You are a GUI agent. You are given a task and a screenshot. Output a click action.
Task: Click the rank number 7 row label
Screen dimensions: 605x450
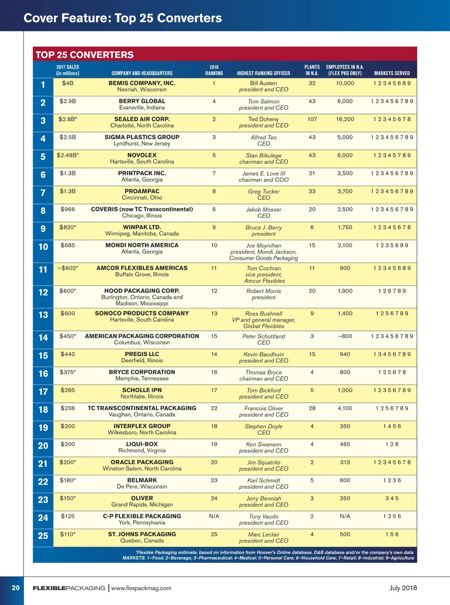[43, 193]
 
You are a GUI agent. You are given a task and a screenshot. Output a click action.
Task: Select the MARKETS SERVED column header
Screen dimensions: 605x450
[392, 73]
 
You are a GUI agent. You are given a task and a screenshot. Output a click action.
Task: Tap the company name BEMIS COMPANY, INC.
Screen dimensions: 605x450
[142, 83]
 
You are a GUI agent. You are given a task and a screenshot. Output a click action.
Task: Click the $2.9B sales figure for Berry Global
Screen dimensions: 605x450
[67, 101]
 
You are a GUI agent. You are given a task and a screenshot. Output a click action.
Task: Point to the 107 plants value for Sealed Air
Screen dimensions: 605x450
[312, 119]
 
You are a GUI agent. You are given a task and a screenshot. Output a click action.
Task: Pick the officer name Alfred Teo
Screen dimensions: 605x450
[264, 138]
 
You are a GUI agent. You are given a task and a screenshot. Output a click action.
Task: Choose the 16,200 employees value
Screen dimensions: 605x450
[345, 119]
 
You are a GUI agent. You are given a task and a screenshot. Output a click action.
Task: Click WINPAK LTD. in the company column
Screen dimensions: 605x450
[142, 227]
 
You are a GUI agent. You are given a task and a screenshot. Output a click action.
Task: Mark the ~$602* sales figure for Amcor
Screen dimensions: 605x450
[68, 268]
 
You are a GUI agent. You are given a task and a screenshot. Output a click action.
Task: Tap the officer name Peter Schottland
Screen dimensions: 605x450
[264, 336]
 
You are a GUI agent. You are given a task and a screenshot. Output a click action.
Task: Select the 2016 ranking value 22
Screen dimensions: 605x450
[214, 408]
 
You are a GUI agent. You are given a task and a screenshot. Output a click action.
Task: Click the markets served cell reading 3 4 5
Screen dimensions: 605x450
[392, 498]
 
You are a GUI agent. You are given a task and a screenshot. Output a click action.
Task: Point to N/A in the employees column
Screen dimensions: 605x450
[345, 516]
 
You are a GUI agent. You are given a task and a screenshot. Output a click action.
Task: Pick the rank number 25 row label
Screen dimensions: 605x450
[43, 536]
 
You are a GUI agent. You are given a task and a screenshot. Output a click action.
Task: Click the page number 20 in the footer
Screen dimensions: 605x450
[16, 588]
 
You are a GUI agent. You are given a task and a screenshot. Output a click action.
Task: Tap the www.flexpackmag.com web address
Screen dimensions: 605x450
[141, 588]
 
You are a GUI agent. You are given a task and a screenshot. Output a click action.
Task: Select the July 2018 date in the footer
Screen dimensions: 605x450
[403, 588]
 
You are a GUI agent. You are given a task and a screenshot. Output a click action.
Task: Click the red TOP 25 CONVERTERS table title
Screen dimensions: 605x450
[85, 55]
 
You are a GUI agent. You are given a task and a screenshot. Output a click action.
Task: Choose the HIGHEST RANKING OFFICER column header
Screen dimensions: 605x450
[264, 73]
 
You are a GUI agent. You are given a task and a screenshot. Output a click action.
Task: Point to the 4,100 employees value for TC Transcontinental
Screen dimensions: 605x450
[345, 408]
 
